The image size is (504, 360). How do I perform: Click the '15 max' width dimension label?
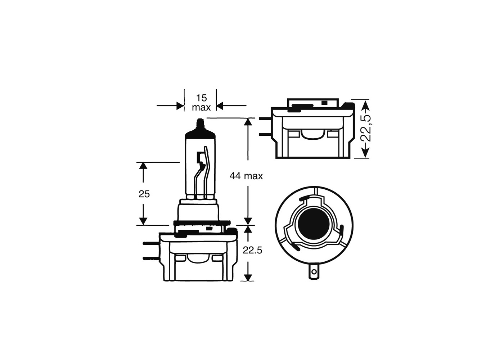coord(201,103)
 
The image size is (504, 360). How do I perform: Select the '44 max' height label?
coord(246,176)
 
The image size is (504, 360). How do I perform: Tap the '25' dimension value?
coord(144,194)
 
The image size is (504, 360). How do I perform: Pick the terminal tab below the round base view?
coord(314,273)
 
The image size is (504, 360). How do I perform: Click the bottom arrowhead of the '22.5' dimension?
coord(248,277)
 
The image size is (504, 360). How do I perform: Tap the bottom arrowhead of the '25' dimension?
coord(143,221)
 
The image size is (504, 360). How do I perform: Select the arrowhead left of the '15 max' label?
coord(180,106)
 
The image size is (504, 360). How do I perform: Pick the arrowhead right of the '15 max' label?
coord(220,106)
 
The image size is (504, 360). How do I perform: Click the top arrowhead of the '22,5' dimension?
coord(365,104)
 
